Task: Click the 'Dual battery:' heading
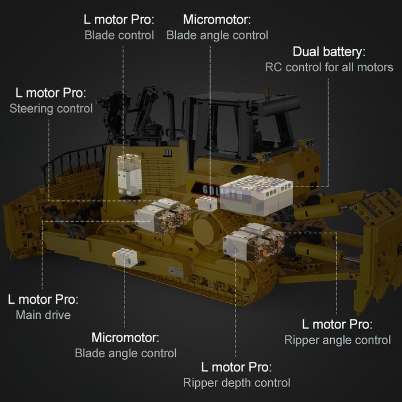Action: pyautogui.click(x=329, y=52)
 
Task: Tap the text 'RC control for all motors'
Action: pyautogui.click(x=329, y=67)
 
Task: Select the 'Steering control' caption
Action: pyautogui.click(x=51, y=109)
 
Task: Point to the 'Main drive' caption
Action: pyautogui.click(x=43, y=315)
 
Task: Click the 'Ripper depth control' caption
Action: pyautogui.click(x=237, y=383)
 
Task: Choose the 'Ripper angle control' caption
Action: pyautogui.click(x=338, y=340)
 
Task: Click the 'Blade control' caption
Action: pyautogui.click(x=119, y=35)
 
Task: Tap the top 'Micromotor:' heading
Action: pyautogui.click(x=217, y=20)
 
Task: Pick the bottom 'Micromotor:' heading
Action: pyautogui.click(x=125, y=338)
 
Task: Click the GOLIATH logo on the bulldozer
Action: pyautogui.click(x=221, y=191)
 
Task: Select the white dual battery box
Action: pyautogui.click(x=256, y=195)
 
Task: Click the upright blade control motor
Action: pyautogui.click(x=129, y=175)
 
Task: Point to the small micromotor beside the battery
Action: pyautogui.click(x=207, y=203)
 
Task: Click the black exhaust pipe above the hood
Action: pyautogui.click(x=170, y=113)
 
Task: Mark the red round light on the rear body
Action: pyautogui.click(x=316, y=169)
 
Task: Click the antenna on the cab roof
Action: pyautogui.click(x=267, y=94)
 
